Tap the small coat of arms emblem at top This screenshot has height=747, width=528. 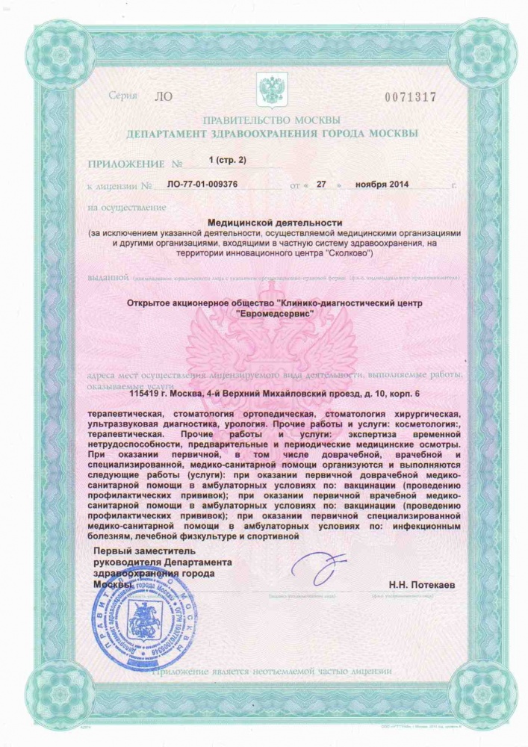[268, 87]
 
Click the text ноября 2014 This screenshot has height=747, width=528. [382, 184]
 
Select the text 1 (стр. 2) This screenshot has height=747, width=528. [228, 160]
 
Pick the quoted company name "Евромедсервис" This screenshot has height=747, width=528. [273, 314]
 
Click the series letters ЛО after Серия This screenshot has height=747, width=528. [161, 97]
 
